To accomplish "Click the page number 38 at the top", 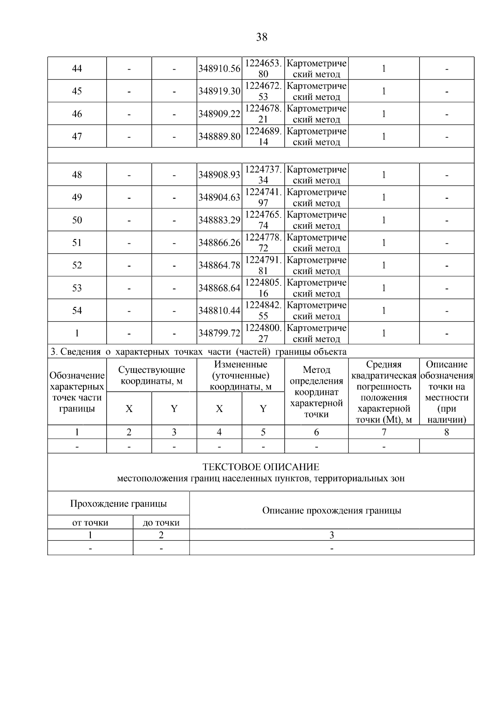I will pyautogui.click(x=262, y=37).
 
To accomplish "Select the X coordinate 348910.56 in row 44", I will pyautogui.click(x=219, y=69).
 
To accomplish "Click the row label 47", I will pyautogui.click(x=77, y=137).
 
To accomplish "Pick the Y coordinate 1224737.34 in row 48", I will pyautogui.click(x=263, y=175).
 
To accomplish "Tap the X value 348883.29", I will pyautogui.click(x=219, y=220).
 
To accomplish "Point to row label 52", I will pyautogui.click(x=77, y=265).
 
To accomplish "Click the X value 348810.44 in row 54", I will pyautogui.click(x=219, y=311).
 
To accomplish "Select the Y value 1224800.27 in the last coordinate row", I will pyautogui.click(x=263, y=333).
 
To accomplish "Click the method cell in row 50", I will pyautogui.click(x=317, y=220).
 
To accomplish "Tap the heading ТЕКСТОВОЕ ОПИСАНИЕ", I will pyautogui.click(x=261, y=467).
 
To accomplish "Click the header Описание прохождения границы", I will pyautogui.click(x=332, y=510).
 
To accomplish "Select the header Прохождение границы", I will pyautogui.click(x=118, y=504).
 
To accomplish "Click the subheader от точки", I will pyautogui.click(x=90, y=523).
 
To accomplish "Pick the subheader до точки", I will pyautogui.click(x=161, y=523).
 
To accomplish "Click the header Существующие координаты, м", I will pyautogui.click(x=152, y=375).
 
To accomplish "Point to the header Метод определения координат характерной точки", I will pyautogui.click(x=317, y=392).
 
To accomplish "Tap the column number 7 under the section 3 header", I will pyautogui.click(x=384, y=432).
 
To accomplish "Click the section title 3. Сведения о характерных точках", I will pyautogui.click(x=198, y=352).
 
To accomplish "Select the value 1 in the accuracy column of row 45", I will pyautogui.click(x=384, y=91).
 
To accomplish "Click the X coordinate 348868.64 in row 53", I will pyautogui.click(x=219, y=288).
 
